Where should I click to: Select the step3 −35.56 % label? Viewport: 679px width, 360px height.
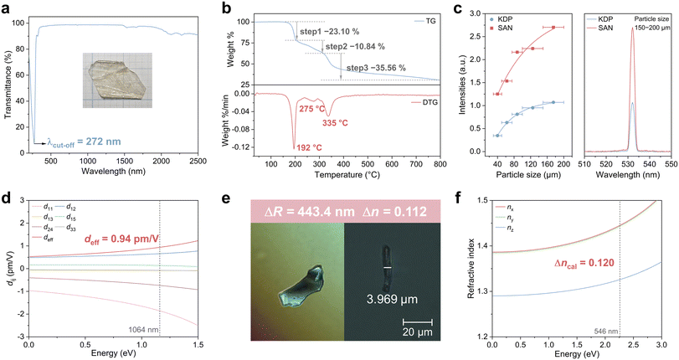click(390, 67)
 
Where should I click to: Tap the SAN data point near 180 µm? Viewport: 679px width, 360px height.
click(553, 28)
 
